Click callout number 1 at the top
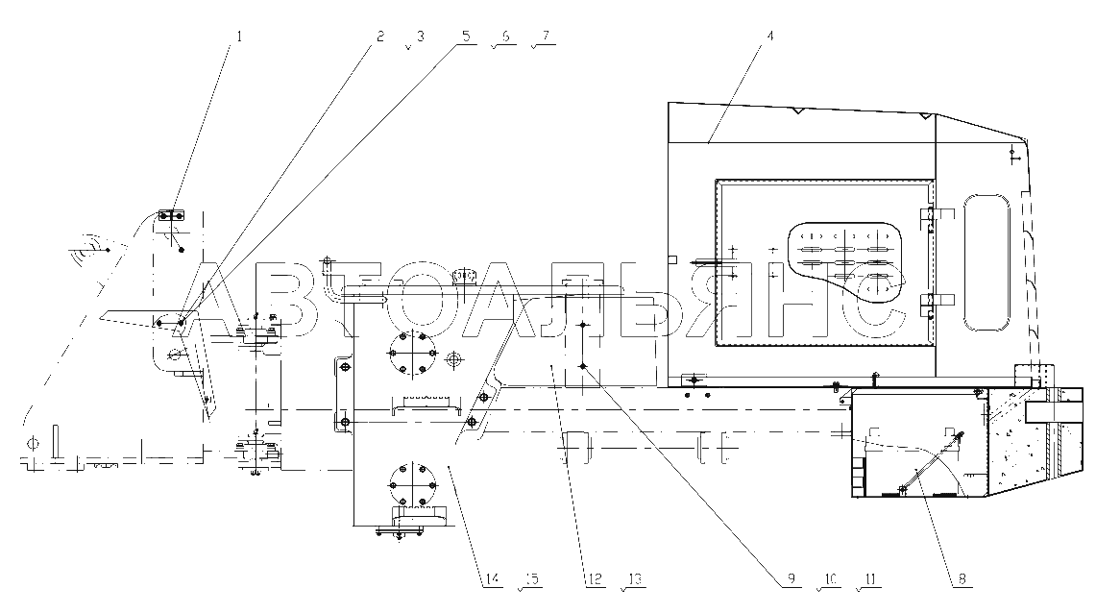239,36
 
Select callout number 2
380,36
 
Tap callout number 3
420,36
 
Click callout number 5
466,36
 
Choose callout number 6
506,36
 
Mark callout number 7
546,36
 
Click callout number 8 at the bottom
962,578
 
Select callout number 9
792,578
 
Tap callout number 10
830,578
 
